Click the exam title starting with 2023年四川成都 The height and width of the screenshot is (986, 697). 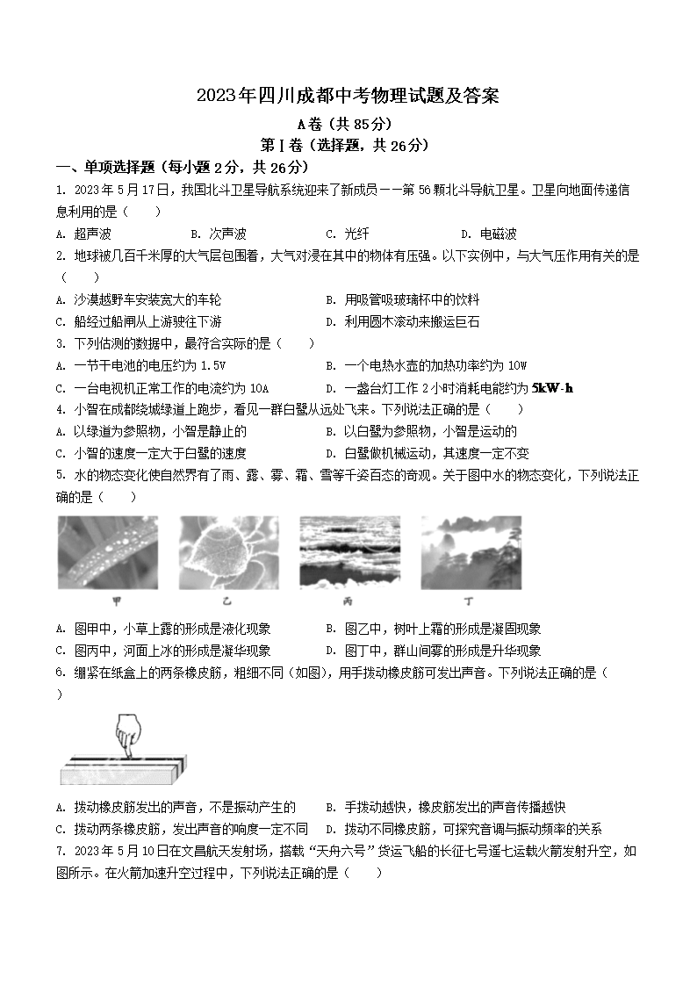[348, 97]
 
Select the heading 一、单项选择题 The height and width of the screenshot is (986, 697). [182, 167]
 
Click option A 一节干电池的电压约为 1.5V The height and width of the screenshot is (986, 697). [140, 365]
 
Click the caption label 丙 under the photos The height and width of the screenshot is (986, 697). [349, 601]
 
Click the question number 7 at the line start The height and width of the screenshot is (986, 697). [59, 851]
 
